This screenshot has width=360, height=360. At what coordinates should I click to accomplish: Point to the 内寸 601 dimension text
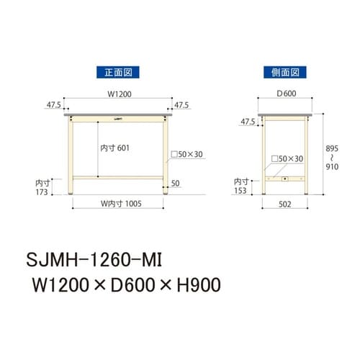pyautogui.click(x=115, y=147)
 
